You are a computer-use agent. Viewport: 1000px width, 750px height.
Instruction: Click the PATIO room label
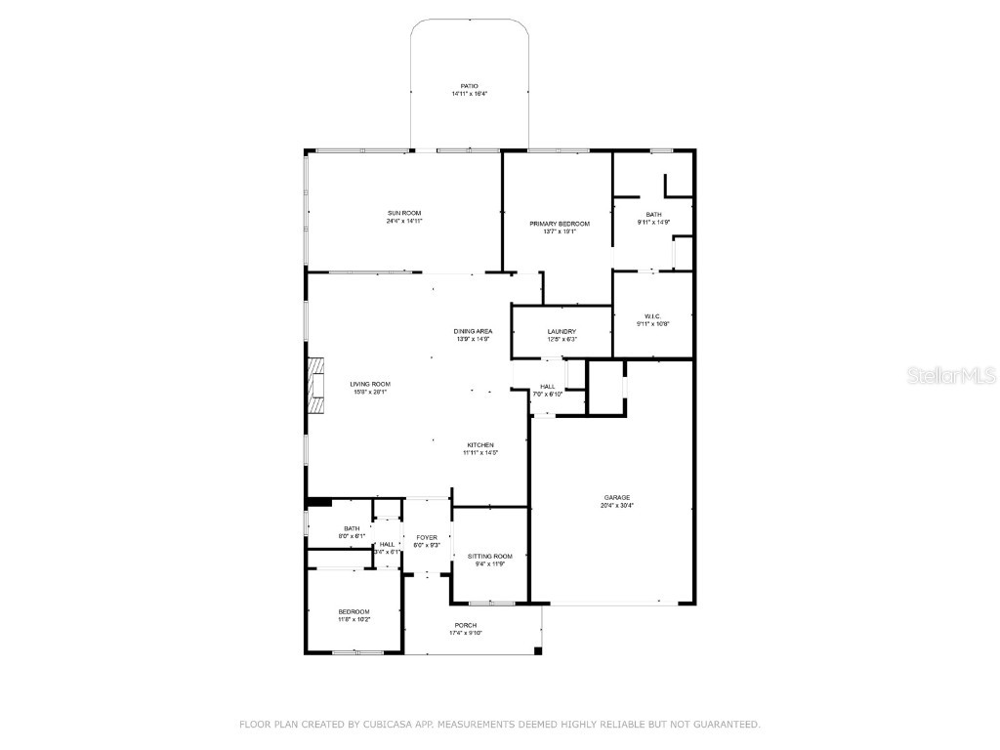(x=470, y=86)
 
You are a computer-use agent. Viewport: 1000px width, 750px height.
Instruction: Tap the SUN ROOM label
(x=404, y=213)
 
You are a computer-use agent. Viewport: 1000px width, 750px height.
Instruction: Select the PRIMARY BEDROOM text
(x=560, y=224)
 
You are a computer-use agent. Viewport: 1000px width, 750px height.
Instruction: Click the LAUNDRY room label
(x=562, y=331)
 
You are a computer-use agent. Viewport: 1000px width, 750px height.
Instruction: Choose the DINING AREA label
(x=474, y=331)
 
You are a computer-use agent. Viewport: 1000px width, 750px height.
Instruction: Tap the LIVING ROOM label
(x=370, y=384)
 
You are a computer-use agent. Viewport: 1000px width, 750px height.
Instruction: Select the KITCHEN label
(x=479, y=445)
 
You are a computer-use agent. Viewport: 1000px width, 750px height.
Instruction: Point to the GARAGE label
(x=617, y=497)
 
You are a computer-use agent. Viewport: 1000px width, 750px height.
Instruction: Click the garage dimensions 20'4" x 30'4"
(x=617, y=506)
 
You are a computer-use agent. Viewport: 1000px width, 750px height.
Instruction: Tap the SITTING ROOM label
(x=489, y=556)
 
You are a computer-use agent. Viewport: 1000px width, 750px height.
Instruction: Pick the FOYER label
(x=427, y=537)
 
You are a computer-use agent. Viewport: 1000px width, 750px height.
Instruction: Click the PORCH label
(x=466, y=625)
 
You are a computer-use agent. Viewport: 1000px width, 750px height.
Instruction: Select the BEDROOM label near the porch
(x=354, y=611)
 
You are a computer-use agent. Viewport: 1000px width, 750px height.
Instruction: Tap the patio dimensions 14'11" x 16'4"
(x=470, y=94)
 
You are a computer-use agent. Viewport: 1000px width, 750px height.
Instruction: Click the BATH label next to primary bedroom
(x=653, y=214)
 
